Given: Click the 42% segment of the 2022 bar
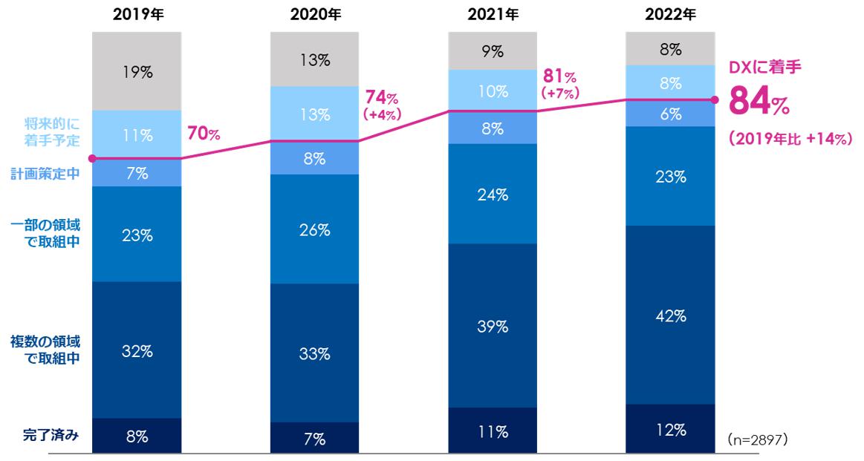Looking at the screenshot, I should tap(671, 315).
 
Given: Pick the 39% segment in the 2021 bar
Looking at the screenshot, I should tap(493, 326).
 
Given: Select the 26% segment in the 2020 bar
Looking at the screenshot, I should tap(315, 229).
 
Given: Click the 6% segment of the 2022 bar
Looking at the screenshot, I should tap(671, 114).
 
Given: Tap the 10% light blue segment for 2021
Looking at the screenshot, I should tap(493, 91).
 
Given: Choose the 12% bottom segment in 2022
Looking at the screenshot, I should tap(671, 428).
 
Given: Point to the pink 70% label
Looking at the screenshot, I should tap(203, 134).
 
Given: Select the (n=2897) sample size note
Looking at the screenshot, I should tap(757, 439).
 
